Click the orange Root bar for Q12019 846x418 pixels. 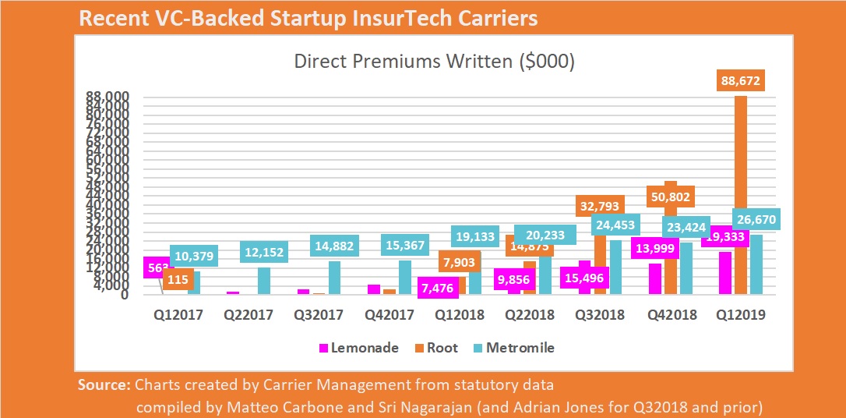point(741,195)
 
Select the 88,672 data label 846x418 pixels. point(741,80)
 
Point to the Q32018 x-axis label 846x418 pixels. point(601,315)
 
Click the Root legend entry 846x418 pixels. point(437,348)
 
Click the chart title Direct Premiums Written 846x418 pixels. point(434,62)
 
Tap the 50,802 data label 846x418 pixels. point(668,197)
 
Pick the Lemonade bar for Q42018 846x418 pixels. point(655,278)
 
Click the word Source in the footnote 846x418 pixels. point(104,384)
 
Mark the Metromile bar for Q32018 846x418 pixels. point(615,267)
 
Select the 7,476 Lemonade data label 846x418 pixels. point(440,289)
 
